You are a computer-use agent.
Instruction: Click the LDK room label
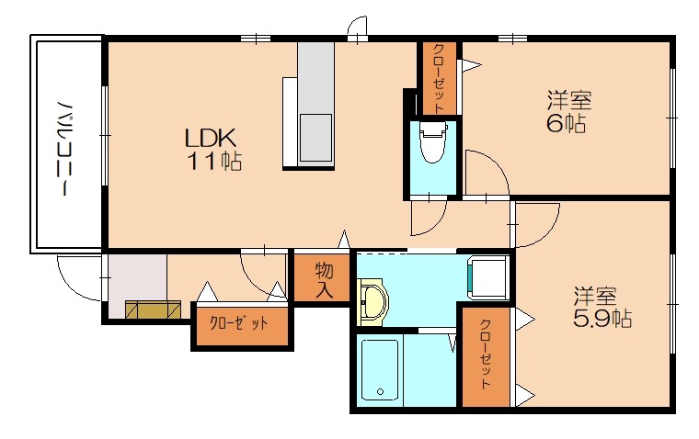[212, 140]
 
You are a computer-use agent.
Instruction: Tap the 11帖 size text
[217, 163]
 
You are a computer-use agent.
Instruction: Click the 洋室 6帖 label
[567, 110]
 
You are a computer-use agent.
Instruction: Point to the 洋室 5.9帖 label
[602, 308]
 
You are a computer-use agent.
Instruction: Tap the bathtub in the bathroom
[380, 370]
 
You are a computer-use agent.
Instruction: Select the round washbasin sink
[373, 301]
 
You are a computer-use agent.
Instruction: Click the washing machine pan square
[488, 277]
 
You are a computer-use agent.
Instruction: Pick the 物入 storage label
[323, 280]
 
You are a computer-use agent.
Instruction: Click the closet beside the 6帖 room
[439, 78]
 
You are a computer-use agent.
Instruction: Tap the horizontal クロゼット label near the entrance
[240, 323]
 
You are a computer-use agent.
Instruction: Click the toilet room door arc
[482, 174]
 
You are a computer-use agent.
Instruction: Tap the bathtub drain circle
[380, 392]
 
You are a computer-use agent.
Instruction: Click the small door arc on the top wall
[359, 28]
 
